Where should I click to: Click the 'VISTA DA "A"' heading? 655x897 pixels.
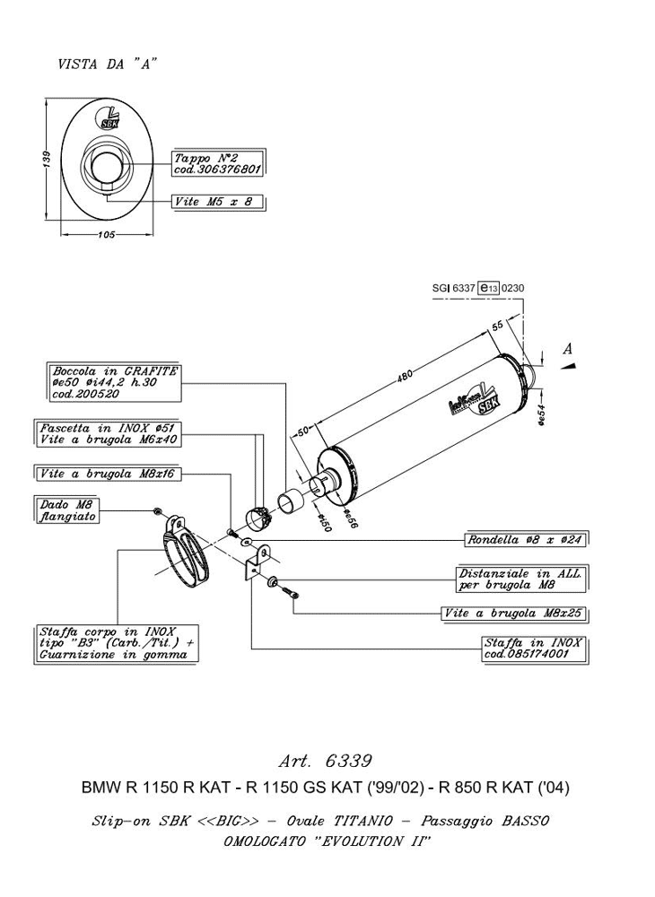click(107, 64)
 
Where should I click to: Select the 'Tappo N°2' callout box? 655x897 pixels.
click(217, 163)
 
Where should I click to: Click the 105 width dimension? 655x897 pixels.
click(107, 234)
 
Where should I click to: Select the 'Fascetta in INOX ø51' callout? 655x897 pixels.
click(108, 434)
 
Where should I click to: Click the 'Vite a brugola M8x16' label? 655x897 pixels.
click(108, 474)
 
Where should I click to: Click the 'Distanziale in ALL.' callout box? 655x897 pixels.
click(521, 579)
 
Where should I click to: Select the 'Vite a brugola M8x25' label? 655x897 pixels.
click(514, 614)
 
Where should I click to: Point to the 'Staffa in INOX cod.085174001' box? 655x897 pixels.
click(534, 649)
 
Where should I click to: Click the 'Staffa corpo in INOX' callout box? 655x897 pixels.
click(116, 643)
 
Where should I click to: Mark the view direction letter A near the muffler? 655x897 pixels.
click(568, 348)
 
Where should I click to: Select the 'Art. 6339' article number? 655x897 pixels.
click(326, 762)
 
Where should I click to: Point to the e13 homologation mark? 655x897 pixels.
click(488, 288)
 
